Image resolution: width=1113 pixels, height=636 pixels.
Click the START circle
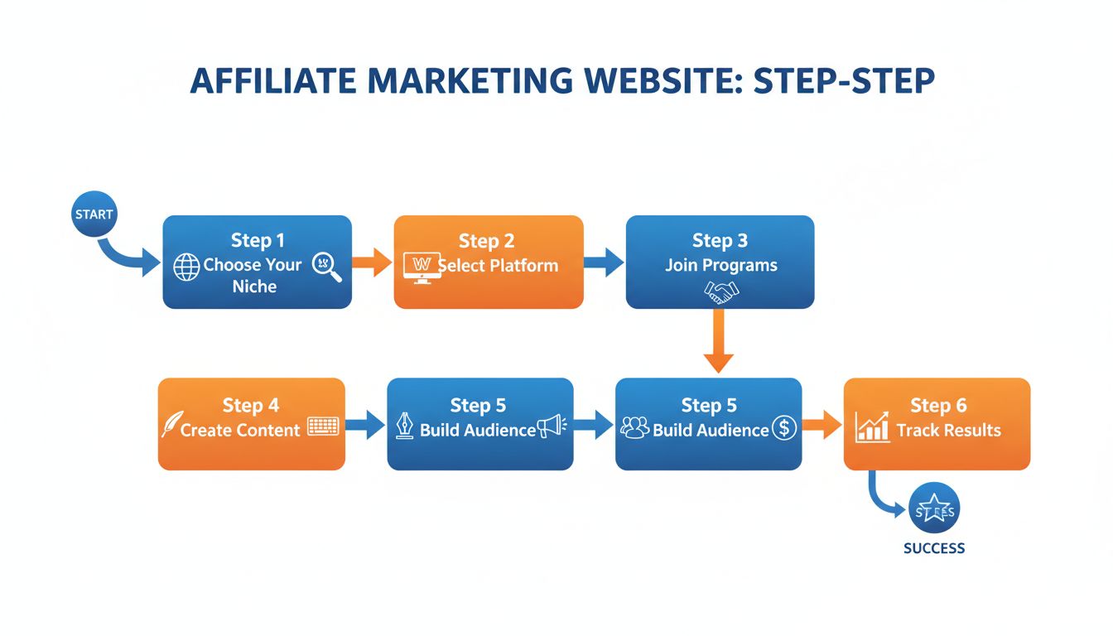click(x=94, y=214)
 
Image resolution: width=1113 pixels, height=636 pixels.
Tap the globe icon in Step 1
click(x=187, y=267)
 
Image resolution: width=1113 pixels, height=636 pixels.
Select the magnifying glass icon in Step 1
click(x=325, y=267)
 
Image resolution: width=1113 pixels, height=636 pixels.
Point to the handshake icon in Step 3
click(x=720, y=291)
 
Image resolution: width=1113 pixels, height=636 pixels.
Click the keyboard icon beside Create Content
click(x=323, y=426)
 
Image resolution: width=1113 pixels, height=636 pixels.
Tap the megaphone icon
click(x=551, y=426)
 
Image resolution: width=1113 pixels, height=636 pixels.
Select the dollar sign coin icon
click(x=783, y=428)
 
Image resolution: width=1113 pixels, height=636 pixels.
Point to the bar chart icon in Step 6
click(x=873, y=426)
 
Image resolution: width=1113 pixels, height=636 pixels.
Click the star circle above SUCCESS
click(x=934, y=511)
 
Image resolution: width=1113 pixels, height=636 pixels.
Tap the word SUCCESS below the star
click(x=934, y=548)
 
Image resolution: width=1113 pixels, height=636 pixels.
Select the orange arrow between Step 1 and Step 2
click(x=372, y=263)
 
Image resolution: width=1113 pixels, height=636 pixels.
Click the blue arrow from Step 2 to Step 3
click(x=604, y=263)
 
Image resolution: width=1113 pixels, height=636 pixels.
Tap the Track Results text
click(x=948, y=431)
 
